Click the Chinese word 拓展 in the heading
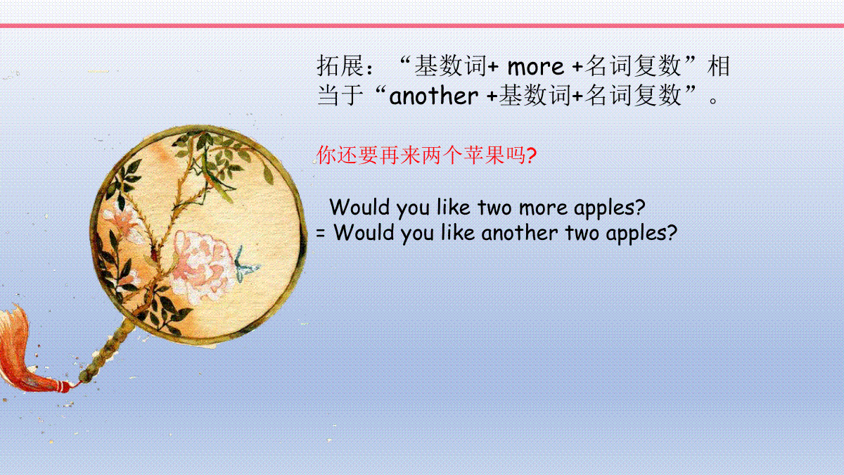[340, 66]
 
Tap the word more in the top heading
[536, 67]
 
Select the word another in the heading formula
[434, 96]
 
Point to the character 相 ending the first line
[719, 66]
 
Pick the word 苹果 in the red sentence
[484, 155]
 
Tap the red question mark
[531, 156]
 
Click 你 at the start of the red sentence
[326, 155]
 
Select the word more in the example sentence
[543, 208]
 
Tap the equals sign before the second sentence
[321, 234]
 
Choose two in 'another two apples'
[582, 233]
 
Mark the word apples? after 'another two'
[641, 234]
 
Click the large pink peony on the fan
[203, 266]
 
